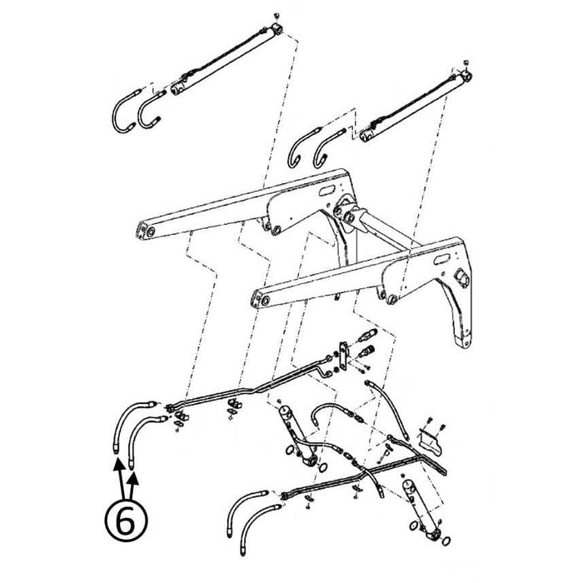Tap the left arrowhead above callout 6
click(118, 464)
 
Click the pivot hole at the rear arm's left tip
click(151, 232)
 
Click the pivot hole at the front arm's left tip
click(265, 301)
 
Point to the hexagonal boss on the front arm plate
click(461, 278)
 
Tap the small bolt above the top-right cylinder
click(466, 62)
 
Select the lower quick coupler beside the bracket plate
click(366, 351)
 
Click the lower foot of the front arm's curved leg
click(464, 341)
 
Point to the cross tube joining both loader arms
click(386, 231)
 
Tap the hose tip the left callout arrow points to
click(116, 450)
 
